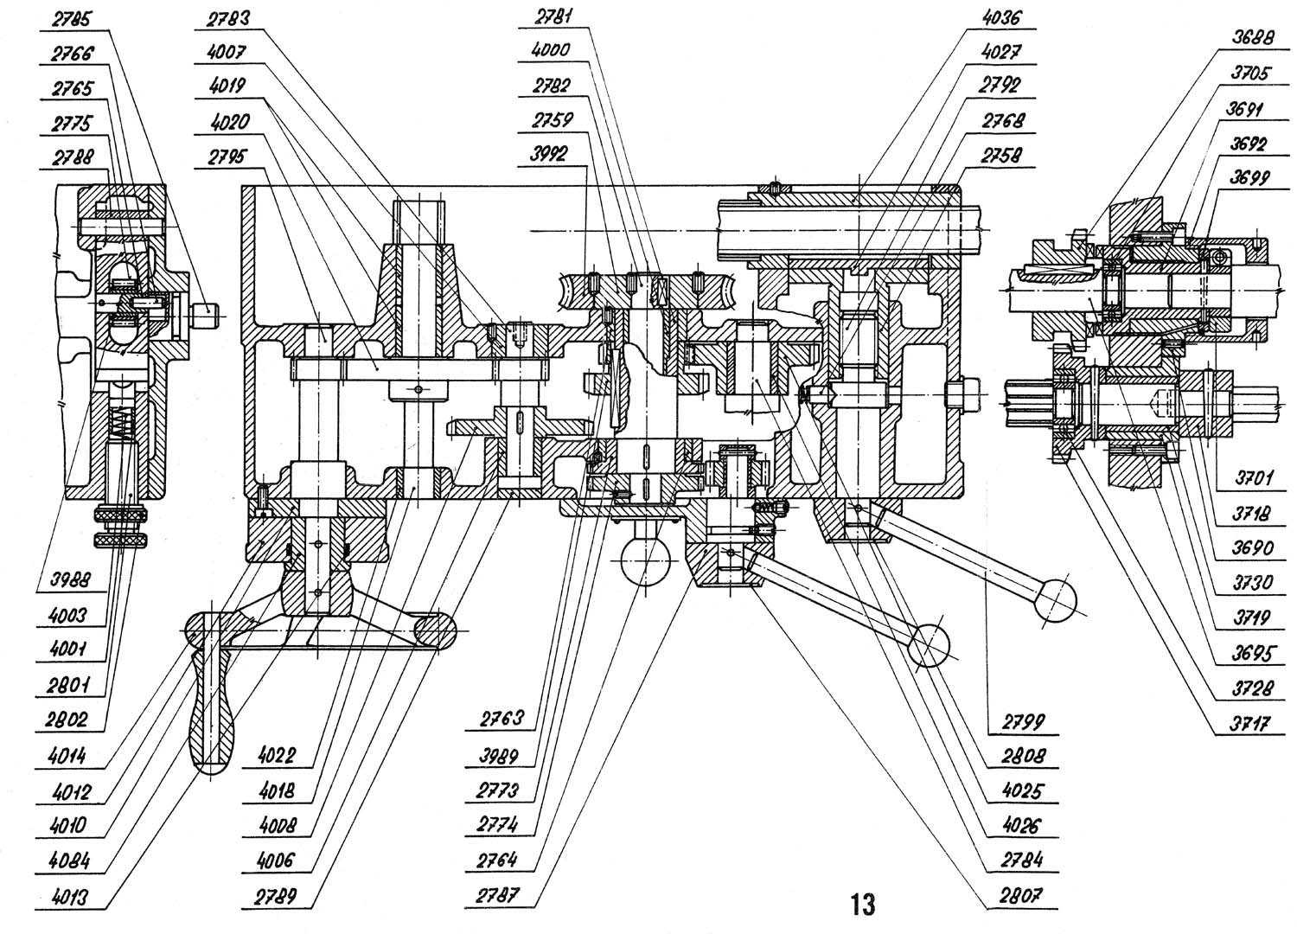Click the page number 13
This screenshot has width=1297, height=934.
pos(862,904)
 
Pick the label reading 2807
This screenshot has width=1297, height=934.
pos(1024,894)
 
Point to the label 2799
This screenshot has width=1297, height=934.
pos(1024,721)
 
